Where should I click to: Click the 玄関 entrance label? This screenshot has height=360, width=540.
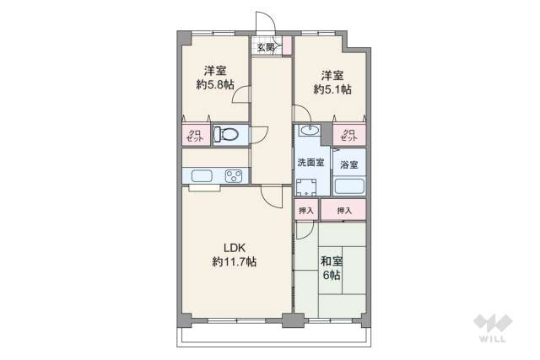point(266,47)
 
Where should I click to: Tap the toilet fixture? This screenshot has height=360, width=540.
point(226,134)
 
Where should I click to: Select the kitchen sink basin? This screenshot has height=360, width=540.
point(202,176)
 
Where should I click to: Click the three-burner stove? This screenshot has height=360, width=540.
point(234,176)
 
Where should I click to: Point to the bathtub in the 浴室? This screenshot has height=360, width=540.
point(349,185)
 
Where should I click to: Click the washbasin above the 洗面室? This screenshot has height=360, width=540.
point(310,130)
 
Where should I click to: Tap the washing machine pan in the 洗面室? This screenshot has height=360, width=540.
point(306,187)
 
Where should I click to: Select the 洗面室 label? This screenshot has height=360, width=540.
point(310,163)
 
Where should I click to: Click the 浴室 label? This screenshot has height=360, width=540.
point(348,164)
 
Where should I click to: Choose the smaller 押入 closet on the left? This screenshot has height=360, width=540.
point(306,209)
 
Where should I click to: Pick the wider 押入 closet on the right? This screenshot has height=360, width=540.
point(343,209)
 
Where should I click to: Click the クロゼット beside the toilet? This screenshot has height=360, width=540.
point(196,135)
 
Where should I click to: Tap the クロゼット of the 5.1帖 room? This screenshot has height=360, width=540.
point(348,134)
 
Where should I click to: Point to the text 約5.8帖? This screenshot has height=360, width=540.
point(215,84)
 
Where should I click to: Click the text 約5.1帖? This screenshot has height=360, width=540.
point(332,89)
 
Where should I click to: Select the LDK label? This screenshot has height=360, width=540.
point(235,248)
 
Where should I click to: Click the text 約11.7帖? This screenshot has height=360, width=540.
point(235,262)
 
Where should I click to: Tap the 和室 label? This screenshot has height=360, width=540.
point(332,261)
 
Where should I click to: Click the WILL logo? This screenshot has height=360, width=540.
point(493,328)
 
